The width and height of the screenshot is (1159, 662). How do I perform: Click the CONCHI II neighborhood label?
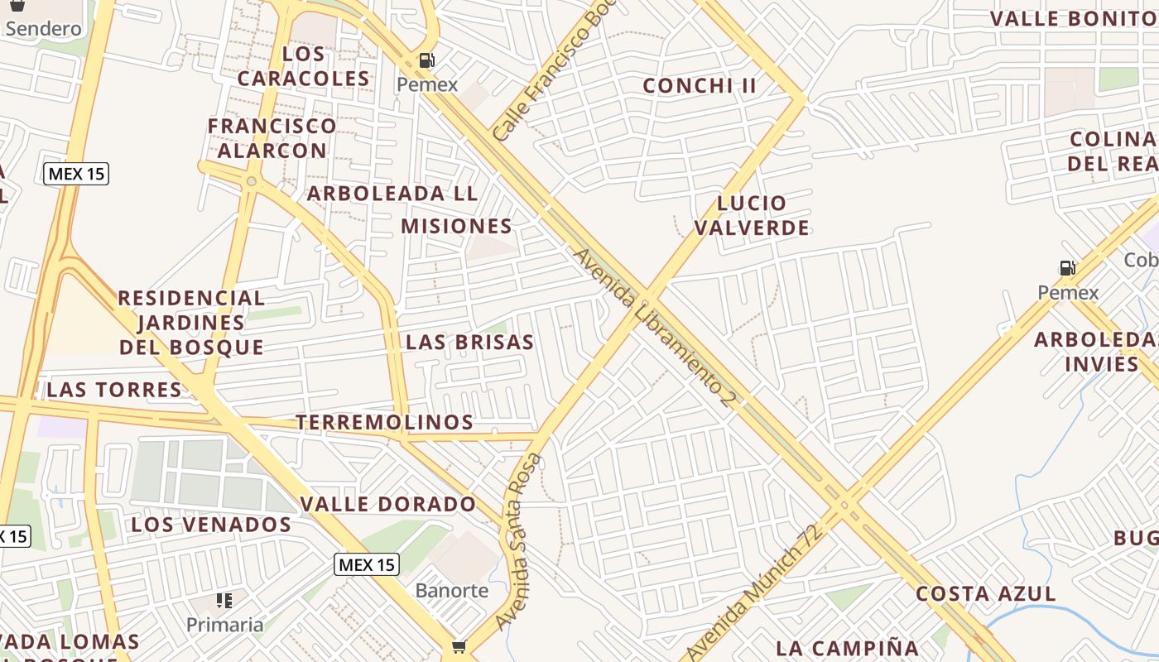point(700,86)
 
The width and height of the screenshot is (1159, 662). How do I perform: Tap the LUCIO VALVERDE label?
point(752,215)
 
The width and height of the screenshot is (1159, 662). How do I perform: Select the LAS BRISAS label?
point(469,343)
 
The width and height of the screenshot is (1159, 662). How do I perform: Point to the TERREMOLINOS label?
point(385,423)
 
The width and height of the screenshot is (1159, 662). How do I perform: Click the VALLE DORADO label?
point(388,504)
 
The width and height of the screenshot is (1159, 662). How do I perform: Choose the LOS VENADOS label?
point(211,525)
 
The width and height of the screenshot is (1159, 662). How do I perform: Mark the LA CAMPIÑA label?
point(848,648)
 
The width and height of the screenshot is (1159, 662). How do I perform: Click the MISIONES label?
point(456,226)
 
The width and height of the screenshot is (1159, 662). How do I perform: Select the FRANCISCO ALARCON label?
point(272,138)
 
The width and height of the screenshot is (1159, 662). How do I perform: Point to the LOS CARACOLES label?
point(303,66)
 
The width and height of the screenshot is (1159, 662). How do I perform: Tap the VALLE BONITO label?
point(1073,18)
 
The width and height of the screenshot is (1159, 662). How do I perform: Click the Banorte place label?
point(452,591)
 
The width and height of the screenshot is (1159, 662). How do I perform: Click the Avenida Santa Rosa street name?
point(518,542)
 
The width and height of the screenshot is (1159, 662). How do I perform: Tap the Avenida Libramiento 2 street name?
point(654,328)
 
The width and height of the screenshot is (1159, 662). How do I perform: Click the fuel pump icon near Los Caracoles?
point(427,60)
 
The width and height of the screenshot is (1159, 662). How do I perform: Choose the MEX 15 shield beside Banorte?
point(367,565)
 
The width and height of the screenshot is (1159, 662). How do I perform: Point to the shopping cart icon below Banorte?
point(459,646)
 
